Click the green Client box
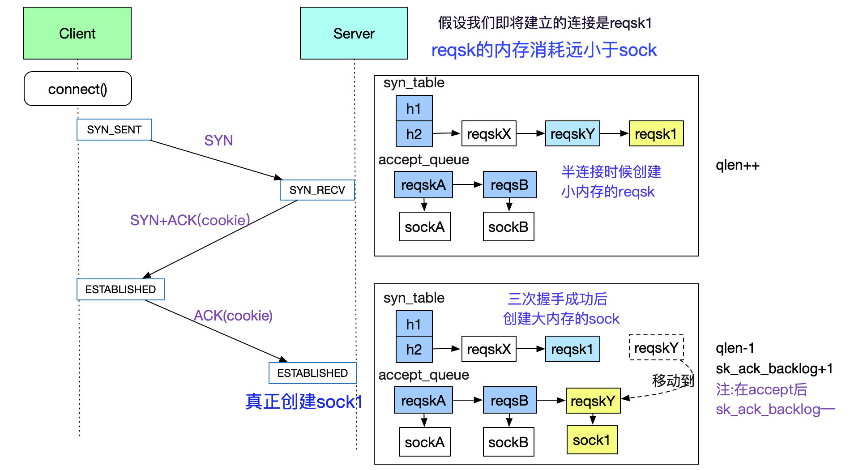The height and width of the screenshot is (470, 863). pos(77,33)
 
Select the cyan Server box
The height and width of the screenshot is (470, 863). pos(354,33)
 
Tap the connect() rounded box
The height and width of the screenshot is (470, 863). pos(78,89)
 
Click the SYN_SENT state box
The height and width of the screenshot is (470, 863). pos(114,130)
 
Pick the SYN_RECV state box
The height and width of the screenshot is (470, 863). pos(317,190)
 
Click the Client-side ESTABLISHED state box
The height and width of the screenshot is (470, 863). pos(120,289)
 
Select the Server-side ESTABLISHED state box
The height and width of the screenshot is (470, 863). pos(312,373)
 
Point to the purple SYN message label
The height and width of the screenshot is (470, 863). pos(218,141)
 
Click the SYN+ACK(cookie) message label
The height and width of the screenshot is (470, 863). pos(190,220)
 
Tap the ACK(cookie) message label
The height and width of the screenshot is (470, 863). pos(233,316)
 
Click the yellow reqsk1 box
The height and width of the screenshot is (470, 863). pos(656,133)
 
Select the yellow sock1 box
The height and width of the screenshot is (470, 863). pos(592,440)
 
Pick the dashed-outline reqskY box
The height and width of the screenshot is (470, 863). pos(656,347)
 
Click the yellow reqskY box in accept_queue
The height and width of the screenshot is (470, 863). pos(593,401)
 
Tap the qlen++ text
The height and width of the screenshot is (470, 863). pos(738,166)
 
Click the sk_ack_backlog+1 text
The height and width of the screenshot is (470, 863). pos(774,368)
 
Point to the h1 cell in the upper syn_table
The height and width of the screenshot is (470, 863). pos(414,108)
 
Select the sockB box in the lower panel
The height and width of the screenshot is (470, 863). pos(508,442)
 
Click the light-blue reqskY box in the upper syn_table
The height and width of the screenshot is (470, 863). pos(572,133)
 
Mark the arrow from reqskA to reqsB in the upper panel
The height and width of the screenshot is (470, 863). pos(468,184)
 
